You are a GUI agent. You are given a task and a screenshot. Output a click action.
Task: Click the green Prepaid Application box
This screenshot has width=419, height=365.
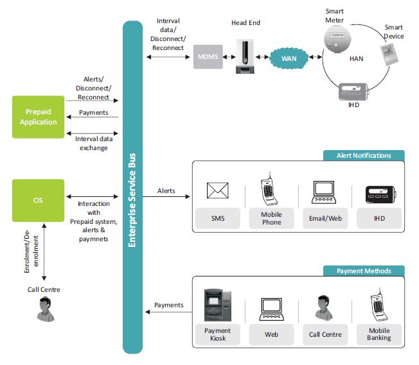[38, 117]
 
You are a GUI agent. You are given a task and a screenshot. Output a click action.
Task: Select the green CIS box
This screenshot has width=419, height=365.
[38, 200]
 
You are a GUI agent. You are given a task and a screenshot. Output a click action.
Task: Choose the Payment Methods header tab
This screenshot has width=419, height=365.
[363, 271]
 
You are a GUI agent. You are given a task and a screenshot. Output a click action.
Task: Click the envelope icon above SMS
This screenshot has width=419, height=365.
[218, 191]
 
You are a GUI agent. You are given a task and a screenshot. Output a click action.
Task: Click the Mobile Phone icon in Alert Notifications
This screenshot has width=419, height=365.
[271, 190]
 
